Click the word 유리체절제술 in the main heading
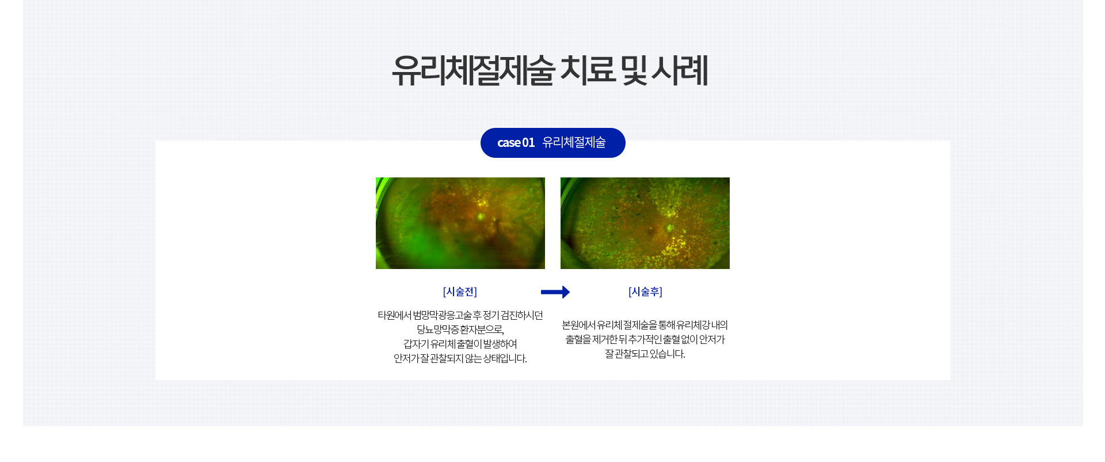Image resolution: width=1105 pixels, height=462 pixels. click(x=473, y=71)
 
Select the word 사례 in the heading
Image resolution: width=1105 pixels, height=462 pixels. click(x=680, y=70)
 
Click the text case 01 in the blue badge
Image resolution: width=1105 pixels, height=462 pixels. click(x=516, y=143)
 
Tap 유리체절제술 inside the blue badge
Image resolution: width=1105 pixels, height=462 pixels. click(x=574, y=142)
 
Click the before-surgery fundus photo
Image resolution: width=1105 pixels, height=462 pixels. click(x=460, y=223)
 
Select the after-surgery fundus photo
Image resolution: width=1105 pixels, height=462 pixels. click(x=645, y=223)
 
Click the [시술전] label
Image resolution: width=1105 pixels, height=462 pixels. click(x=460, y=292)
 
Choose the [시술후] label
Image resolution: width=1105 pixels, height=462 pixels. click(x=645, y=292)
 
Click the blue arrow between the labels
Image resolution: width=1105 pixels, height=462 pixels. click(x=555, y=292)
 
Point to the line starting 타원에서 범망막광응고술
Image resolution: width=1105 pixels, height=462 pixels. click(x=460, y=315)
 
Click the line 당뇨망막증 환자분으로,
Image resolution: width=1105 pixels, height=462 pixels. click(x=460, y=330)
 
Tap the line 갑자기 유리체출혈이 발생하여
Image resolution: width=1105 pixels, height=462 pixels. click(x=460, y=344)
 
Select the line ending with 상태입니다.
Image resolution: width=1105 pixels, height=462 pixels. click(x=460, y=358)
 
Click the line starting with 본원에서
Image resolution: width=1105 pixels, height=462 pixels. click(x=645, y=325)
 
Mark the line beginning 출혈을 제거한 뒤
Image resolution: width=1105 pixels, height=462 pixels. click(x=645, y=339)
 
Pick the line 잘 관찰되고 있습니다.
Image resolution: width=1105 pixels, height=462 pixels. click(x=645, y=354)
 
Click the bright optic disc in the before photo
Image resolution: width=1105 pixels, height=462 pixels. click(x=481, y=217)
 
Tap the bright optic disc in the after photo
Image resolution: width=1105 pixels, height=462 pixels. click(x=670, y=228)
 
